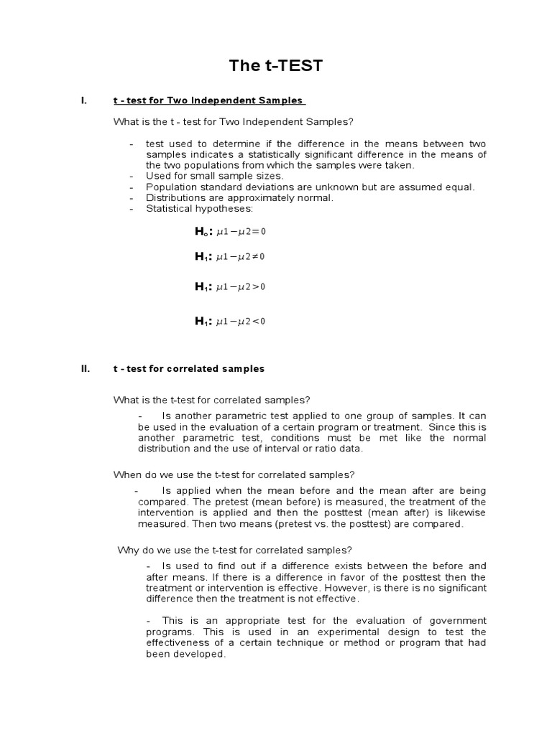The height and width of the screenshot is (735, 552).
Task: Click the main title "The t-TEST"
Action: point(276,67)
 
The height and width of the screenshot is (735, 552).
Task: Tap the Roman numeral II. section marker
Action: point(85,369)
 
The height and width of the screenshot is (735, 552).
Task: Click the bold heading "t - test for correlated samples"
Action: point(189,369)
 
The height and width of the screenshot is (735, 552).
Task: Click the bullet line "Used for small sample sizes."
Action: point(214,176)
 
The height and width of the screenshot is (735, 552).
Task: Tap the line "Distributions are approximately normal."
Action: point(239,198)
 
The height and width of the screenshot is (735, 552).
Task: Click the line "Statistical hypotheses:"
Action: point(199,209)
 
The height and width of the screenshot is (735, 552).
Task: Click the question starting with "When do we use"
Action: point(234,474)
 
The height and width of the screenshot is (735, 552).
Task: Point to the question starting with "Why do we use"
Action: point(234,551)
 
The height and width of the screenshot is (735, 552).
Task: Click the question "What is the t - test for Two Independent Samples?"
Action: point(234,121)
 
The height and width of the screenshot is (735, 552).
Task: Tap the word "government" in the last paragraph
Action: point(457,620)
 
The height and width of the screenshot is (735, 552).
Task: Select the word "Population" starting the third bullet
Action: point(171,187)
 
